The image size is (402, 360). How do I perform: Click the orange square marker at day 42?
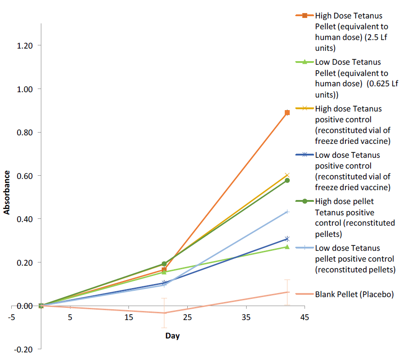pos(287,113)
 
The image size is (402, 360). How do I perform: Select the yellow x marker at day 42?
pos(287,175)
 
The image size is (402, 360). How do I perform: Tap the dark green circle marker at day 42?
pos(287,180)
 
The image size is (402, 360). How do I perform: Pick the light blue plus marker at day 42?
pos(287,212)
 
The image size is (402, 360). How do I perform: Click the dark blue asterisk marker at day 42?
pos(287,239)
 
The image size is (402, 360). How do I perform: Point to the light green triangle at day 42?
pos(287,247)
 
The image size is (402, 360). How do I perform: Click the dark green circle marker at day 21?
pos(164,264)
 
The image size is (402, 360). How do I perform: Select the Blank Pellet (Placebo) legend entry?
pos(354,294)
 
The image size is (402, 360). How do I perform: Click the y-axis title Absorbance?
pos(7,192)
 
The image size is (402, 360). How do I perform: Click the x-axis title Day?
pos(172,336)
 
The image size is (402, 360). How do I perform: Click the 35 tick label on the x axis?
pos(246,318)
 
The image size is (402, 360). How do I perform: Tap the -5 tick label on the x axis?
pos(11,318)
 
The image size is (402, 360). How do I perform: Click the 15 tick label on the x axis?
pos(128,318)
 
